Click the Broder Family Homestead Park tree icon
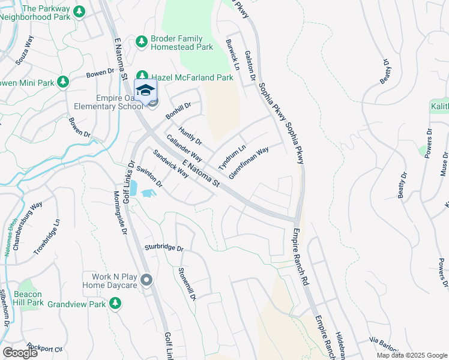pos(142,41)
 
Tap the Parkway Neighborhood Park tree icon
pos(79,11)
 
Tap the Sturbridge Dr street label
pos(163,247)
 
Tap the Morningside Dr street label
pos(121,212)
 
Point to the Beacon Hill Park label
pos(28,298)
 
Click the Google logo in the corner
pos(20,352)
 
